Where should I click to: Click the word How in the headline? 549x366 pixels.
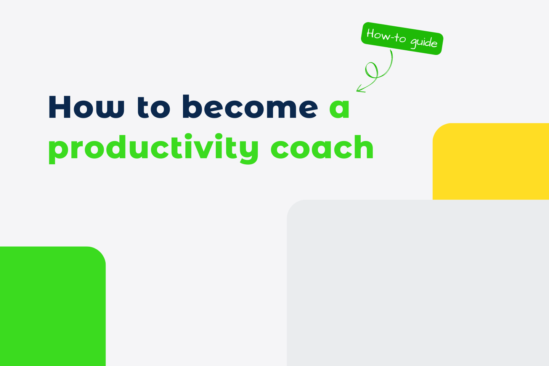point(86,107)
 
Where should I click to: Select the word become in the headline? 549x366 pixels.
point(250,107)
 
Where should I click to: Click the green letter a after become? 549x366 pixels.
point(339,109)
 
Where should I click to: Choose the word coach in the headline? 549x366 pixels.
point(322,148)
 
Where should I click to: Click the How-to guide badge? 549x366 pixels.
point(402,39)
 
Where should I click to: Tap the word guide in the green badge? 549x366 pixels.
point(424,42)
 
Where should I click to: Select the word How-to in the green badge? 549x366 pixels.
point(386,36)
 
